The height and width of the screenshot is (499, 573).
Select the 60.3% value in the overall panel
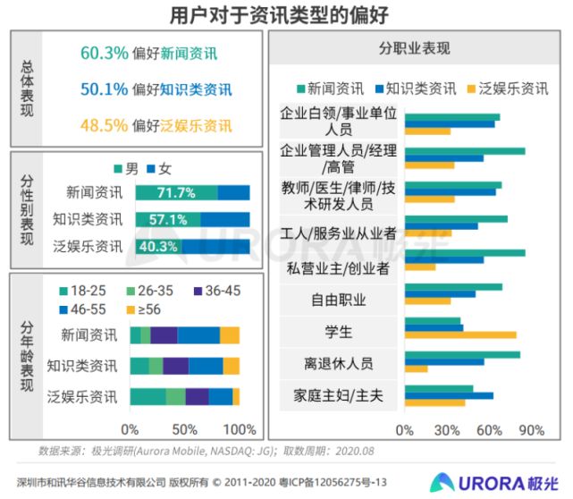(104, 53)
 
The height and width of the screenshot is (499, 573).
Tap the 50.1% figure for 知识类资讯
(104, 89)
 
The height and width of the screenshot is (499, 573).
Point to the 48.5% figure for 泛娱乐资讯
(104, 125)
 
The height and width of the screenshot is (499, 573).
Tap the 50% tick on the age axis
(185, 428)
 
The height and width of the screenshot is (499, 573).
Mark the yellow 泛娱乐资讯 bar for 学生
(460, 335)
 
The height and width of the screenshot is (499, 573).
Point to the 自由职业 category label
(338, 300)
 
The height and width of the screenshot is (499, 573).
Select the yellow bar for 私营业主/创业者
(420, 267)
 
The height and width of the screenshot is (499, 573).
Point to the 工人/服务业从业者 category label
(338, 234)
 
